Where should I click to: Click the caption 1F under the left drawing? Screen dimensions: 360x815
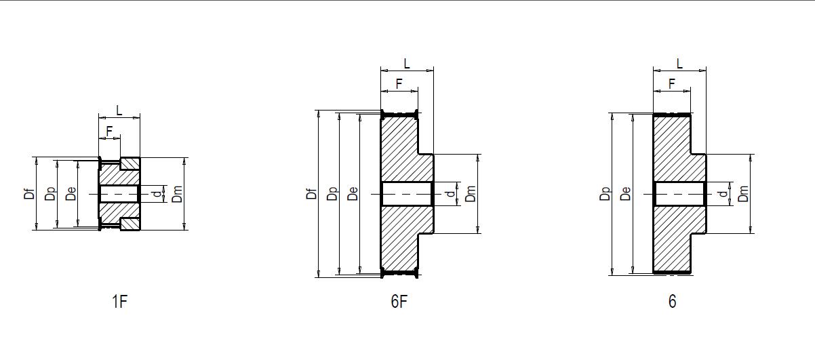[x=119, y=302]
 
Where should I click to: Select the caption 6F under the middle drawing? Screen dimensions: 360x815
[x=399, y=302]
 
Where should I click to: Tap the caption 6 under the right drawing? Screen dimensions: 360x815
[x=672, y=302]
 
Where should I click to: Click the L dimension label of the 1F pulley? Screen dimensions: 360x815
[x=119, y=111]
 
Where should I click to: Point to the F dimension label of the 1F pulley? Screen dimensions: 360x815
[x=109, y=131]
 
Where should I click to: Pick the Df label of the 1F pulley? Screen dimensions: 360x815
[x=29, y=194]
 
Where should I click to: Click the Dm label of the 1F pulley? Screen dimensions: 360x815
[x=178, y=194]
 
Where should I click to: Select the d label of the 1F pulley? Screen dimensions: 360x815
[x=157, y=194]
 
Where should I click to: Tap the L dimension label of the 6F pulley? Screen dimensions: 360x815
[x=407, y=64]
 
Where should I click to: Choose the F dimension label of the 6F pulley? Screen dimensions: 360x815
[x=399, y=83]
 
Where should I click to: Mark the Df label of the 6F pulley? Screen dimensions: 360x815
[x=311, y=194]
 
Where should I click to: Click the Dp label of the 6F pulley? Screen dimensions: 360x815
[x=332, y=194]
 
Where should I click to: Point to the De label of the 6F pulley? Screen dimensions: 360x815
[x=353, y=194]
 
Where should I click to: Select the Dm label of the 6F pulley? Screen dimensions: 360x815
[x=471, y=194]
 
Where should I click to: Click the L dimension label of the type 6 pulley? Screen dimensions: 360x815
[x=679, y=64]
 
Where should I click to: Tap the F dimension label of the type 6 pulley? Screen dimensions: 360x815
[x=671, y=83]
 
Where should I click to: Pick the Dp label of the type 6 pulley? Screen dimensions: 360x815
[x=605, y=194]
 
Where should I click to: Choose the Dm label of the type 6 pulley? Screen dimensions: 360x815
[x=744, y=194]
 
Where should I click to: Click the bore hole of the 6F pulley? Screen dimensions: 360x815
[x=407, y=194]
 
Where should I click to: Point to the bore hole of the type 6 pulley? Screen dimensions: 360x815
[x=679, y=194]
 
